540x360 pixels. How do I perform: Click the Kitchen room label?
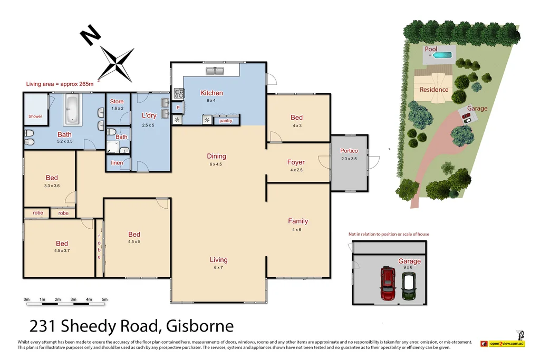(x=211, y=93)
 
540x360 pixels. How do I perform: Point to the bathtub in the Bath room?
(x=72, y=109)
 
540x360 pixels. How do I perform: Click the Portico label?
(x=349, y=151)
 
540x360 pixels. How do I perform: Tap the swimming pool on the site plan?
(x=439, y=55)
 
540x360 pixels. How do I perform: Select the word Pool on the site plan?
(x=431, y=49)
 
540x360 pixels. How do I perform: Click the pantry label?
(x=226, y=121)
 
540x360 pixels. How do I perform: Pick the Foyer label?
(x=296, y=162)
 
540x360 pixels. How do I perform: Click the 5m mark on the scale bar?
(x=104, y=299)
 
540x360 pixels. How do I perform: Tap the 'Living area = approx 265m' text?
(x=60, y=84)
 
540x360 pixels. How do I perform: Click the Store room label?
(x=117, y=102)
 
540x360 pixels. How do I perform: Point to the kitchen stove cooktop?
(x=179, y=94)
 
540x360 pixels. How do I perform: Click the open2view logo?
(x=503, y=344)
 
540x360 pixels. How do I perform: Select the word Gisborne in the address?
(x=200, y=326)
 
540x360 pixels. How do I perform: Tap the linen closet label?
(x=117, y=163)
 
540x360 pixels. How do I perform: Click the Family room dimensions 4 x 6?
(x=297, y=230)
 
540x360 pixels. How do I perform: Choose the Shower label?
(x=35, y=116)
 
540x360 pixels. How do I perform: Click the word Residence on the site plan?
(x=434, y=90)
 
